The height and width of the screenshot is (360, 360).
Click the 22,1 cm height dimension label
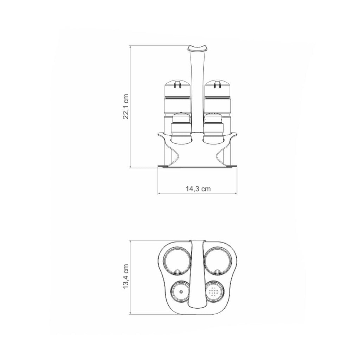tap(126, 106)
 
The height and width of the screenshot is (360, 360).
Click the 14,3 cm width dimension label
tap(198, 189)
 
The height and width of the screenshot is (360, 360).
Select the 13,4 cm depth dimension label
tap(126, 276)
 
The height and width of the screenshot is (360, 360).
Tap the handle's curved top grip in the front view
tap(198, 48)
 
